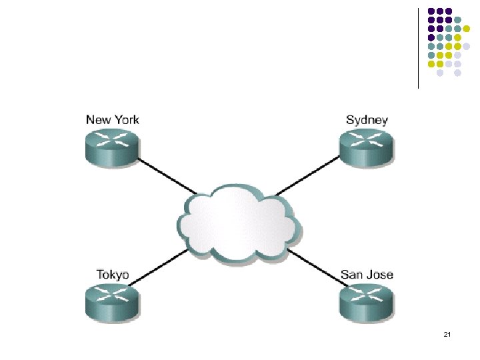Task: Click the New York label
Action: (x=113, y=120)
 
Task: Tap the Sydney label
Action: (x=367, y=120)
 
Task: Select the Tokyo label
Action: (x=113, y=275)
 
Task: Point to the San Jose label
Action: (x=367, y=275)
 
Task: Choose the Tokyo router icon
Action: (x=112, y=303)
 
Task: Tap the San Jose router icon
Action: (x=366, y=303)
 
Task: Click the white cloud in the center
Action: (x=237, y=224)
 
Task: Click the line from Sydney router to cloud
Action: (x=307, y=177)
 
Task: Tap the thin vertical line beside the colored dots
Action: (x=418, y=47)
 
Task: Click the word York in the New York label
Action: (x=126, y=120)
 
